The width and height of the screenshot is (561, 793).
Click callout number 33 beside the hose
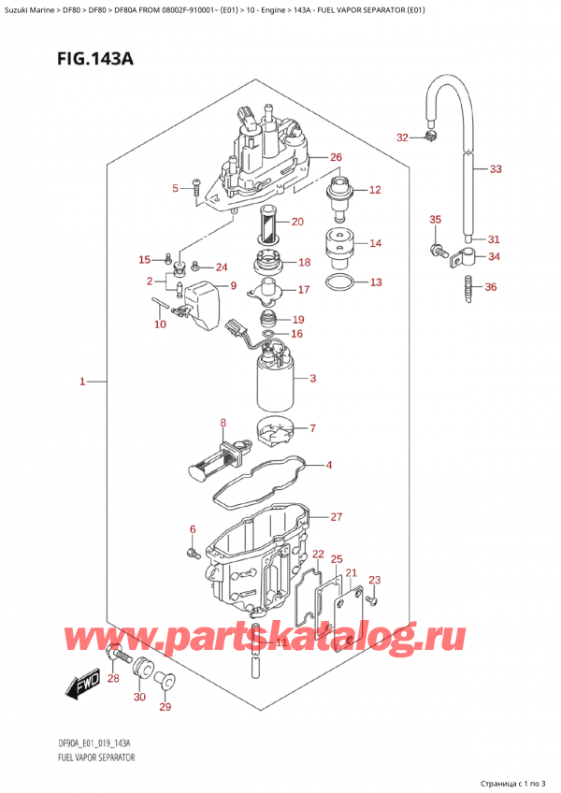pyautogui.click(x=496, y=169)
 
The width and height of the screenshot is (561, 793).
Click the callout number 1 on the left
pyautogui.click(x=82, y=382)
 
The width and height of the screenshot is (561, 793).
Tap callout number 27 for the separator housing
pyautogui.click(x=337, y=516)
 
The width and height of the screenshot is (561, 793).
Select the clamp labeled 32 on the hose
pyautogui.click(x=431, y=139)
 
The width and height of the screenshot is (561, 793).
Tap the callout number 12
pyautogui.click(x=374, y=190)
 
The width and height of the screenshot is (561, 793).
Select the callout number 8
pyautogui.click(x=223, y=423)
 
